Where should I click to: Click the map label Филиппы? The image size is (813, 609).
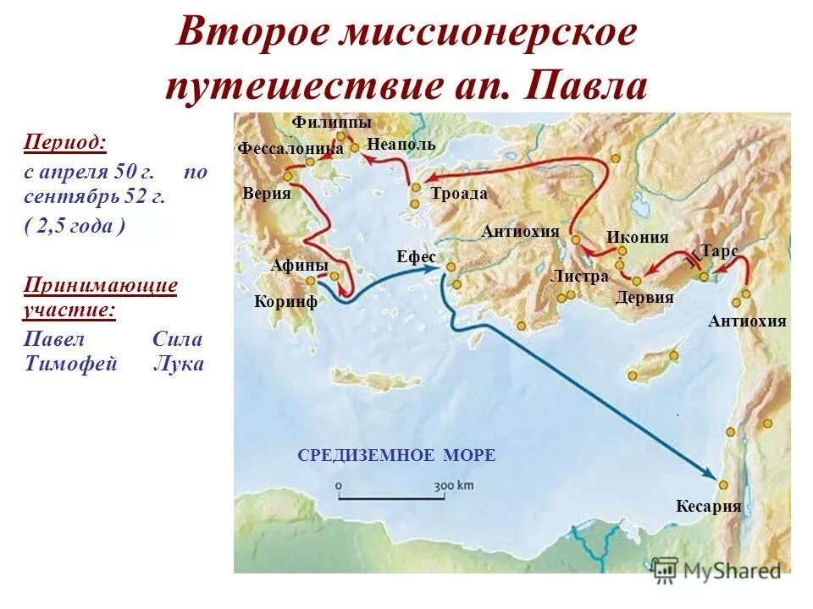pyautogui.click(x=332, y=123)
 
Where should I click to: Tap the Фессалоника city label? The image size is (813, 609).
pyautogui.click(x=290, y=149)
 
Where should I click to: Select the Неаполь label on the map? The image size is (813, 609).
pyautogui.click(x=401, y=145)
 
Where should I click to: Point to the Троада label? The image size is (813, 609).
pyautogui.click(x=459, y=194)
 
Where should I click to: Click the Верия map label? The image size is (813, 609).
pyautogui.click(x=266, y=193)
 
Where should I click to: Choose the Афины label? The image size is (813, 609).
pyautogui.click(x=299, y=265)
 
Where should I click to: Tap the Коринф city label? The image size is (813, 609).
pyautogui.click(x=285, y=302)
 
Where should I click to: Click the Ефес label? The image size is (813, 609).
pyautogui.click(x=416, y=256)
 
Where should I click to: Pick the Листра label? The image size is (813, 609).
pyautogui.click(x=579, y=277)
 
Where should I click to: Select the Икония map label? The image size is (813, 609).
pyautogui.click(x=638, y=238)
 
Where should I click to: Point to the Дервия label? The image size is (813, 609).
pyautogui.click(x=644, y=297)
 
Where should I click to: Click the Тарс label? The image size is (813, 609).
pyautogui.click(x=719, y=251)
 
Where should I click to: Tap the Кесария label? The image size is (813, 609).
pyautogui.click(x=708, y=507)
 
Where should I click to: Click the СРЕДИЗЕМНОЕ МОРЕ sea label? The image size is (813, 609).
pyautogui.click(x=396, y=456)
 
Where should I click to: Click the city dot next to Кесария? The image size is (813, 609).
pyautogui.click(x=723, y=485)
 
